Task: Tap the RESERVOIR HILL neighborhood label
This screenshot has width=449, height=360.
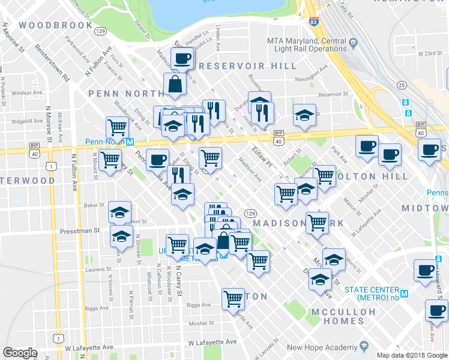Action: [247, 65]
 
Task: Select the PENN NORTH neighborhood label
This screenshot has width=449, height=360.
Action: [125, 94]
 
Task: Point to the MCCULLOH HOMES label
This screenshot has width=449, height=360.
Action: [344, 317]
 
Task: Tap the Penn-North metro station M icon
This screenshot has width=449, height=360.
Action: [130, 142]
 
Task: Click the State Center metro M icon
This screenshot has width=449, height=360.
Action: [404, 294]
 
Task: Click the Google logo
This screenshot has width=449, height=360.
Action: [20, 353]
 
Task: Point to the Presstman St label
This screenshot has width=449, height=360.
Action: [80, 230]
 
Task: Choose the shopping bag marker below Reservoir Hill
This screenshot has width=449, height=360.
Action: [175, 86]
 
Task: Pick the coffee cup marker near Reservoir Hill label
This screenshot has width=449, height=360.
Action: [182, 58]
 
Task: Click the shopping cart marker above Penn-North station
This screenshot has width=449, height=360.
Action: [116, 127]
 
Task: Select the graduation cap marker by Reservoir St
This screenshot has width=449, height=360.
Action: [304, 115]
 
